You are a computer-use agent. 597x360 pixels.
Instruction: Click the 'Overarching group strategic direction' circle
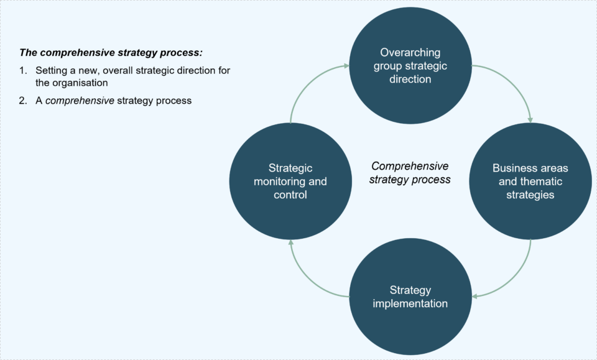[x=410, y=65]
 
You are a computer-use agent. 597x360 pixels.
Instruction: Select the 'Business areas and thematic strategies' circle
[x=530, y=181]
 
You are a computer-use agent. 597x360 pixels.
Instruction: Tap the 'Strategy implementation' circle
[x=410, y=297]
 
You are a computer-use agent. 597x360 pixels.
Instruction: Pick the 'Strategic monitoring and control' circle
[x=290, y=181]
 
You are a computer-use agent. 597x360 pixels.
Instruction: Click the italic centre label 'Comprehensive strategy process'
[x=410, y=173]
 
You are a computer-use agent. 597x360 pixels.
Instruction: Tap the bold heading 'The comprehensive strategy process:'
[x=111, y=52]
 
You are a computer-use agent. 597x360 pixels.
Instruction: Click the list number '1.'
[x=23, y=70]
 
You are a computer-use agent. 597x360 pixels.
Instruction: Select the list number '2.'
[x=23, y=101]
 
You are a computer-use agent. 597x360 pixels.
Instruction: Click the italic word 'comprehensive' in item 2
[x=80, y=101]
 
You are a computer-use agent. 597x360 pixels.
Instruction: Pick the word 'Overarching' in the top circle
[x=410, y=52]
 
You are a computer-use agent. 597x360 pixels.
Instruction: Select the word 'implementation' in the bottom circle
[x=410, y=303]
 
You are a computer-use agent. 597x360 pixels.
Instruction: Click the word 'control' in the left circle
[x=290, y=195]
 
